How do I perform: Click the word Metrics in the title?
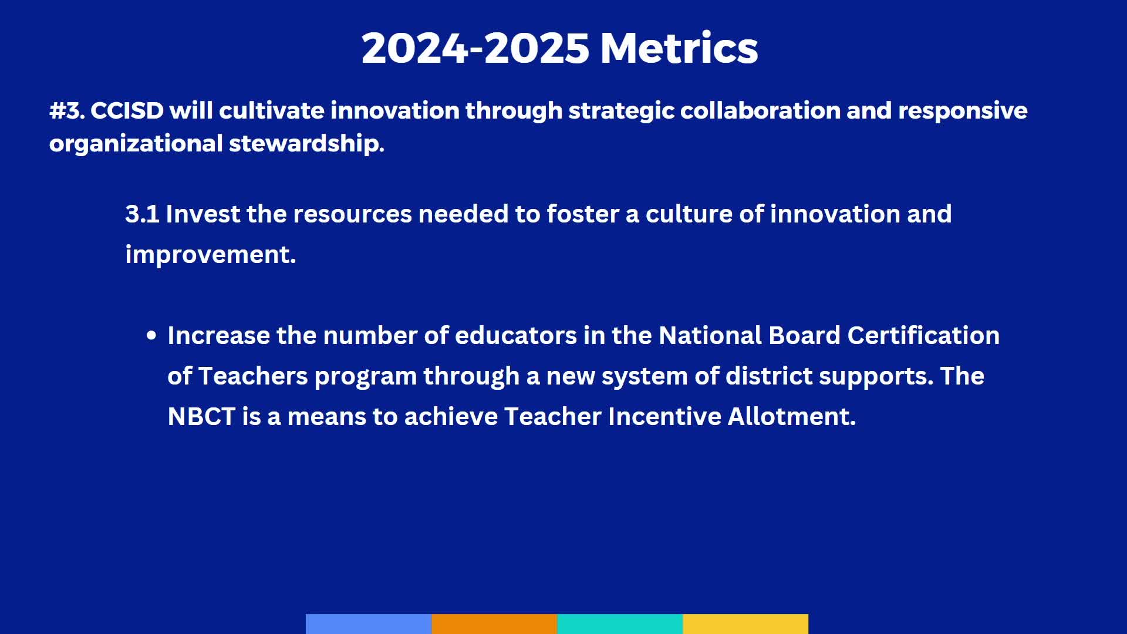(679, 48)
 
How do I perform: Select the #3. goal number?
(67, 111)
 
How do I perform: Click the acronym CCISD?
(127, 111)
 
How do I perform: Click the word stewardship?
(306, 144)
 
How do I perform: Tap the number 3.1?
(142, 214)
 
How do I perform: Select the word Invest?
(203, 214)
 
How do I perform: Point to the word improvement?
(210, 255)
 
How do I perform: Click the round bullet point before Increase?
(151, 336)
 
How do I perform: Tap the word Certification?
(923, 336)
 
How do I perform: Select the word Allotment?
(791, 417)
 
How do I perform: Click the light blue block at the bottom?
(369, 623)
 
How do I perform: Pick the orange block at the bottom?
(494, 623)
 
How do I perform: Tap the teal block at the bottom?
(620, 623)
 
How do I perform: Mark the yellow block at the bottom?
(745, 623)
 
